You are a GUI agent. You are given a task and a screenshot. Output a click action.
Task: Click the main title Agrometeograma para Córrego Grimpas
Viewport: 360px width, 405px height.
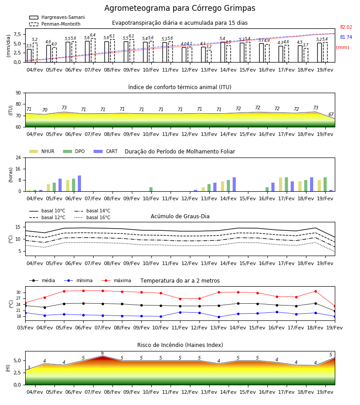(180, 8)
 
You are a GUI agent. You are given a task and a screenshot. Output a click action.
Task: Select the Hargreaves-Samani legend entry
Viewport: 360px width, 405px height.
(57, 17)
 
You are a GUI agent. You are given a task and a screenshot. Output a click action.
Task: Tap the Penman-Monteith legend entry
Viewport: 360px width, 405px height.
(55, 24)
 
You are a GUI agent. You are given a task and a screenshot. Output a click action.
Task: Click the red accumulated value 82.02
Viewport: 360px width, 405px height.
(346, 27)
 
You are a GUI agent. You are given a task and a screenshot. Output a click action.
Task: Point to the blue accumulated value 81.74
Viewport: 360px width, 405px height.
(346, 37)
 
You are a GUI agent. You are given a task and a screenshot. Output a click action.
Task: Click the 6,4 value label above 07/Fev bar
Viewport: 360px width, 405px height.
(93, 35)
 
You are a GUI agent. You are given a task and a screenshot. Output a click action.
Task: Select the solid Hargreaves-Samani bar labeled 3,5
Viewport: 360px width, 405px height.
(29, 55)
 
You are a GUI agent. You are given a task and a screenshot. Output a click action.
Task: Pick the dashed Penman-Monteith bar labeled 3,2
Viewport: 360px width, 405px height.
(209, 56)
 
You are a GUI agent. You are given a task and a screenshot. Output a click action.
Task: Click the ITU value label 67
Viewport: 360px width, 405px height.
(331, 114)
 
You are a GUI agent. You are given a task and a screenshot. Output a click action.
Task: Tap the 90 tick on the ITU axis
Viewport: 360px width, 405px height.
(18, 93)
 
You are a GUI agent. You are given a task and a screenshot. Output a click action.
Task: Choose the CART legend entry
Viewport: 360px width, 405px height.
(105, 151)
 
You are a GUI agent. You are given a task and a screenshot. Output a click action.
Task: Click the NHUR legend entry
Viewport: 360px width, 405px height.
(42, 151)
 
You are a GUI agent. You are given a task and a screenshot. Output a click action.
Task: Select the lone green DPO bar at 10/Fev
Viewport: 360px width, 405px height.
(151, 189)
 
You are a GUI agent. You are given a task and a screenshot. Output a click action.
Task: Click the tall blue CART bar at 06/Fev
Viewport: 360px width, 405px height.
(80, 184)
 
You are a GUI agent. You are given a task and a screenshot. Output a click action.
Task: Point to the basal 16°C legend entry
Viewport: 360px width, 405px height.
(92, 217)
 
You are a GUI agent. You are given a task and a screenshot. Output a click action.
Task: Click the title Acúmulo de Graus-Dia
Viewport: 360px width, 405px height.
(180, 216)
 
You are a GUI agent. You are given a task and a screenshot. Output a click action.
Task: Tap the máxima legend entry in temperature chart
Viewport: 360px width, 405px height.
(116, 280)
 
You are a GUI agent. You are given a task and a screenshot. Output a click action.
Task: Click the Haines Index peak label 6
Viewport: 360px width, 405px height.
(103, 353)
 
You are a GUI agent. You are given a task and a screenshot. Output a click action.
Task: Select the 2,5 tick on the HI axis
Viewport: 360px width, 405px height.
(18, 373)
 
